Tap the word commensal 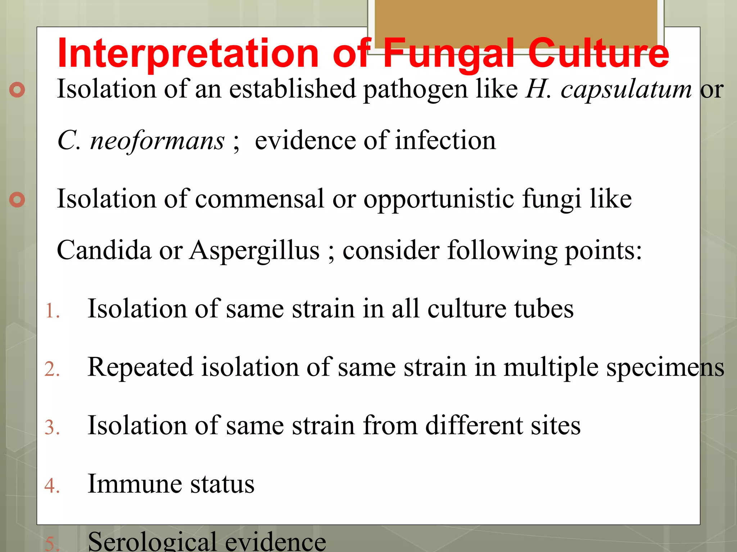pyautogui.click(x=259, y=199)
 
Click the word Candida pyautogui.click(x=104, y=250)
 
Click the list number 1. pyautogui.click(x=52, y=311)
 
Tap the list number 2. pyautogui.click(x=52, y=369)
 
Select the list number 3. pyautogui.click(x=52, y=428)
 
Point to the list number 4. pyautogui.click(x=52, y=486)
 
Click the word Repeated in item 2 pyautogui.click(x=140, y=367)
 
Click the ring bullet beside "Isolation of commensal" pyautogui.click(x=17, y=200)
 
